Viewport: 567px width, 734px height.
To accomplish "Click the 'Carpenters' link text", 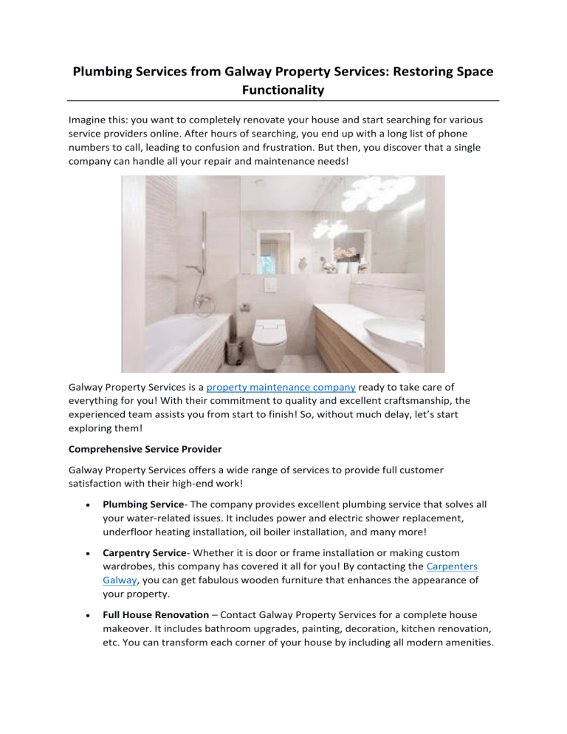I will tap(450, 552).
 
